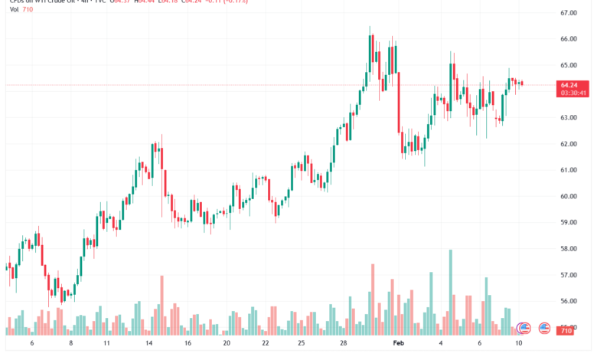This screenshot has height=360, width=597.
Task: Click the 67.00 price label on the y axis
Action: click(569, 13)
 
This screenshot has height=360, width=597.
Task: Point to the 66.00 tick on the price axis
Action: click(569, 39)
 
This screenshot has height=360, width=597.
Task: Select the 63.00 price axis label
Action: click(569, 118)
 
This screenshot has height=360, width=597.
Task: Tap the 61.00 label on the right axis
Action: click(569, 170)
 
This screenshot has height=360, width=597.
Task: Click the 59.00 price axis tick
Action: click(569, 222)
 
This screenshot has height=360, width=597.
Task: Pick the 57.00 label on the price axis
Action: click(569, 275)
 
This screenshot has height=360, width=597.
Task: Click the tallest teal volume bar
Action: click(451, 292)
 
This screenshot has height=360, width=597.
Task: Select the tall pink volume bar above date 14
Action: click(161, 305)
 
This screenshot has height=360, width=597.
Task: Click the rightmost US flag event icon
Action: click(544, 328)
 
